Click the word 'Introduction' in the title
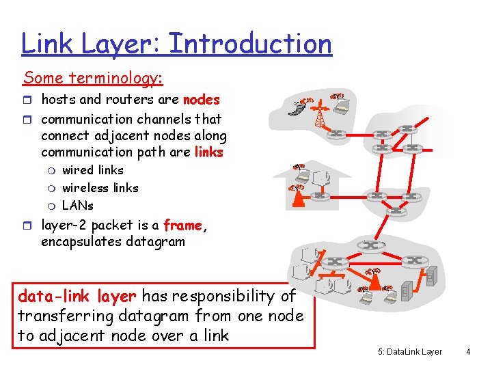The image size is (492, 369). [250, 44]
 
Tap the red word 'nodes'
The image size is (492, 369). [202, 100]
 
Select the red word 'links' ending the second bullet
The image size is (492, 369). [208, 152]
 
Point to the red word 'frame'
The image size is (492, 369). [182, 225]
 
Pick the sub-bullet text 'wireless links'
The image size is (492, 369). [100, 188]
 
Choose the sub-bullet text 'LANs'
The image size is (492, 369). [77, 205]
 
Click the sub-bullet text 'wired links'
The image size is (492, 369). [92, 170]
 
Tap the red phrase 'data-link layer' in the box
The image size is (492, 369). [77, 297]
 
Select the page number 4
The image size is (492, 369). [468, 352]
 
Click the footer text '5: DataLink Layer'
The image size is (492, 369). [409, 352]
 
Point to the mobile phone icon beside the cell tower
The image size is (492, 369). [295, 107]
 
